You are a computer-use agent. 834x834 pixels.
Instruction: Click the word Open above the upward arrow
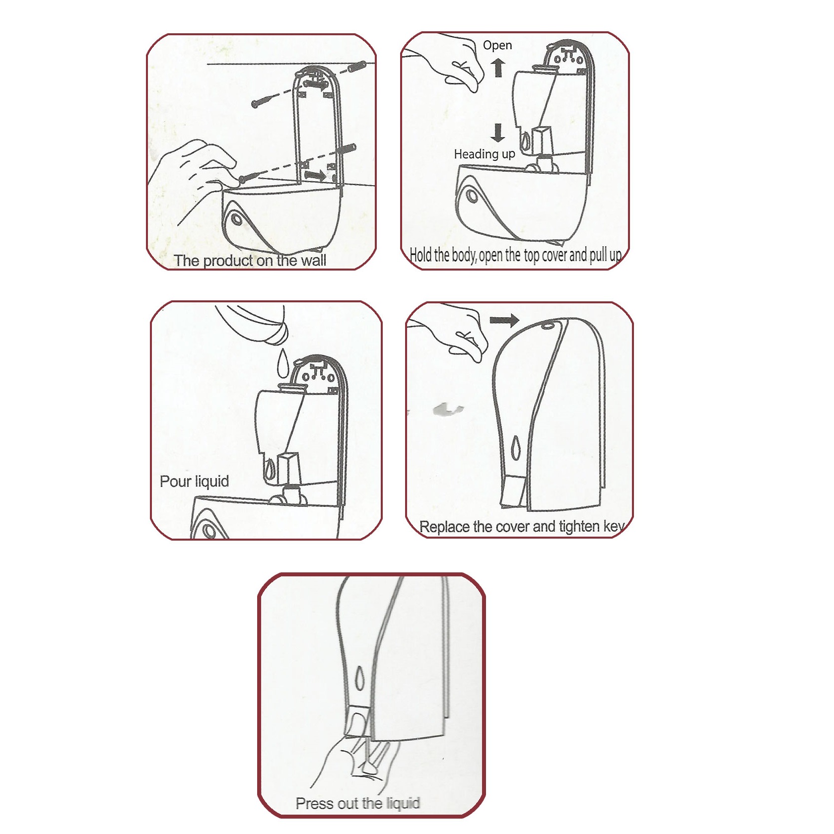[497, 45]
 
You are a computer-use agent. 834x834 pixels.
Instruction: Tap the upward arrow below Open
[499, 68]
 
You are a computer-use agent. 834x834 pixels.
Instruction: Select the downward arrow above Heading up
[497, 133]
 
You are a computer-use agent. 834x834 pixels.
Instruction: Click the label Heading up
[485, 154]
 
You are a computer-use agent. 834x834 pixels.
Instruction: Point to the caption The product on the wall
[250, 261]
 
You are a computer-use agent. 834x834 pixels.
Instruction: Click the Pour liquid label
[195, 482]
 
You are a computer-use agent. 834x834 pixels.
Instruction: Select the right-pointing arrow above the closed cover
[504, 320]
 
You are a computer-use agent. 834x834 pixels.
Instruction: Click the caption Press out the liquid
[358, 804]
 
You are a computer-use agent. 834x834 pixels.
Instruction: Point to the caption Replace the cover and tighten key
[522, 526]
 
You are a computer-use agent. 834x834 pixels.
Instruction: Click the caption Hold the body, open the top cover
[515, 255]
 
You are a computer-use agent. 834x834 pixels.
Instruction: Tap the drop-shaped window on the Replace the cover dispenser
[516, 448]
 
